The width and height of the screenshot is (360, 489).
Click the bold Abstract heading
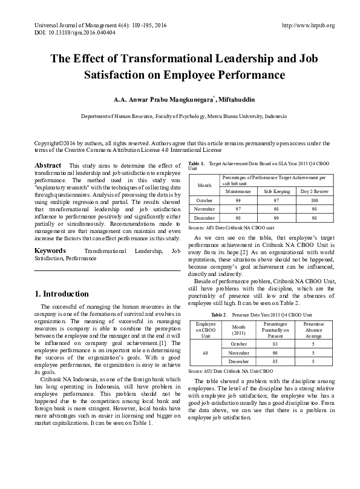(48, 166)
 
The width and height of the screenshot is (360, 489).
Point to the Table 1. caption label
(197, 164)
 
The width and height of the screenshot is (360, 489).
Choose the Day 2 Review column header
(314, 191)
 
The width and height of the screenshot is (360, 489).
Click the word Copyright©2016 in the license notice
(57, 143)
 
